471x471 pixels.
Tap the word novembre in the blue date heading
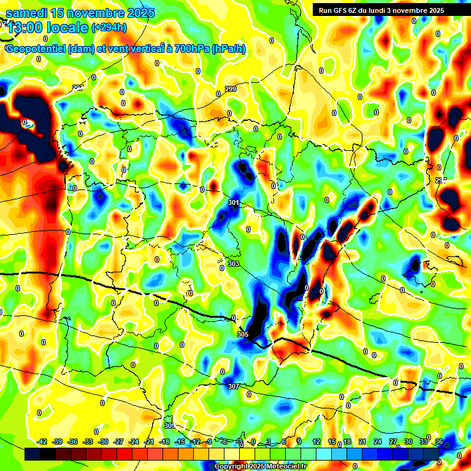coord(92,13)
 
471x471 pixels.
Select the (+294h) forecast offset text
coord(109,27)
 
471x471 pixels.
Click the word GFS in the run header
coord(343,10)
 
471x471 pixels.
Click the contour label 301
coord(233,202)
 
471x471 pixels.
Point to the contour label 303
coord(233,264)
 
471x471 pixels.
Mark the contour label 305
coord(242,334)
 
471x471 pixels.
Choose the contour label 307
coord(232,386)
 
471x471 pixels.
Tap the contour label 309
coord(170,426)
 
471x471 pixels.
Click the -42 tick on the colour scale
coord(42,442)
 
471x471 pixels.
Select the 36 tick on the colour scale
coord(439,442)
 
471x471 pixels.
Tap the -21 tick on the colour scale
coord(149,442)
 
